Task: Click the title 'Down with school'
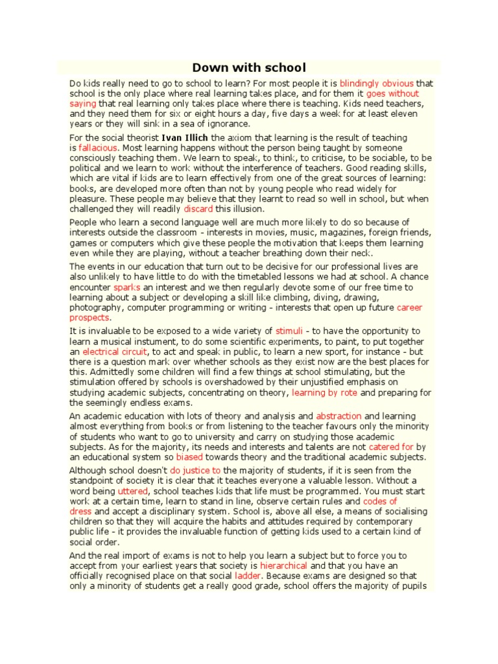click(x=248, y=68)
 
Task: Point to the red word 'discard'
click(x=198, y=209)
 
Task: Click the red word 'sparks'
click(x=126, y=287)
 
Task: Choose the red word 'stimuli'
click(x=289, y=331)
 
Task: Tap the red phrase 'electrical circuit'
click(x=110, y=351)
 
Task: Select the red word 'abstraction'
click(x=338, y=416)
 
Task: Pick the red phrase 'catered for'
click(x=391, y=447)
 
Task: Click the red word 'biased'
click(x=190, y=457)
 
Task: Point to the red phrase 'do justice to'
click(x=196, y=470)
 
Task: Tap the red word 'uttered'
click(x=133, y=492)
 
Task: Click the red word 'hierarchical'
click(x=284, y=565)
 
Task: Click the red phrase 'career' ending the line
click(x=409, y=307)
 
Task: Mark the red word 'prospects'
click(x=89, y=318)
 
